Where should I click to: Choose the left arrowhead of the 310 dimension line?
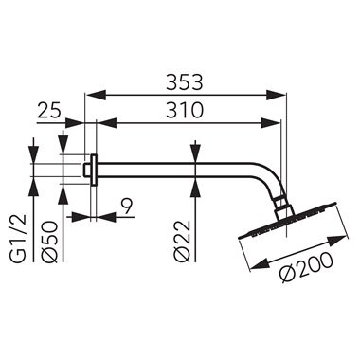coord(105,122)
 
